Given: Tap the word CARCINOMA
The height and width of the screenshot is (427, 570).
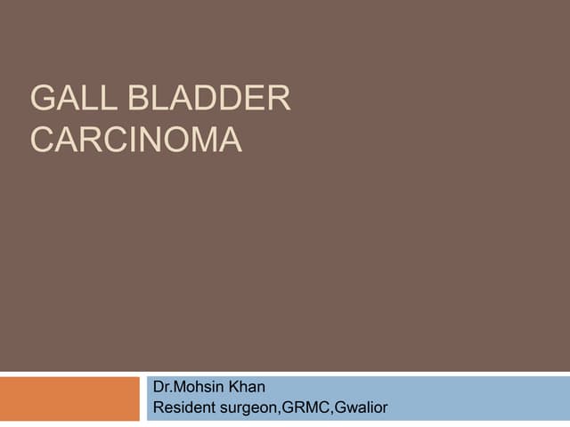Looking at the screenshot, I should click(136, 141).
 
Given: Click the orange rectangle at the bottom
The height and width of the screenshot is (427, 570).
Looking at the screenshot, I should click(70, 399).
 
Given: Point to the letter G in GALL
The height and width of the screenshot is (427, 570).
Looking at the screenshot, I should click(44, 99).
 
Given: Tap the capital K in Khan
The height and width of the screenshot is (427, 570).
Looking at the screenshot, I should click(232, 389).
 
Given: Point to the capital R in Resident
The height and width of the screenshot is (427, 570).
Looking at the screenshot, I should click(159, 408).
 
